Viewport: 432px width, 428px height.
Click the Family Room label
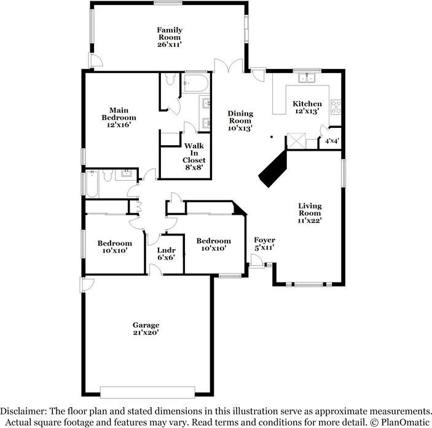(x=169, y=37)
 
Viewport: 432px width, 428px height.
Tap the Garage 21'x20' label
(x=146, y=328)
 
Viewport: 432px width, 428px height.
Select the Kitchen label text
(x=307, y=107)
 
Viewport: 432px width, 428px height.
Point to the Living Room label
(x=310, y=213)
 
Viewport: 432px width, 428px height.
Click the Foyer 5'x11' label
(x=264, y=244)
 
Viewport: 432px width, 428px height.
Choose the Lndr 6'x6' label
(x=166, y=253)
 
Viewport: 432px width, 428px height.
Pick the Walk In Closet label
(x=194, y=156)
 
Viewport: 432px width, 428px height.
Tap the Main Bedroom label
(x=119, y=117)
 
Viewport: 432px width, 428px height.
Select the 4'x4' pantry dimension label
(x=331, y=141)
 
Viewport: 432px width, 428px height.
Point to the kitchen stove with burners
(x=336, y=106)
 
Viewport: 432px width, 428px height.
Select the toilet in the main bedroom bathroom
(x=171, y=80)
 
